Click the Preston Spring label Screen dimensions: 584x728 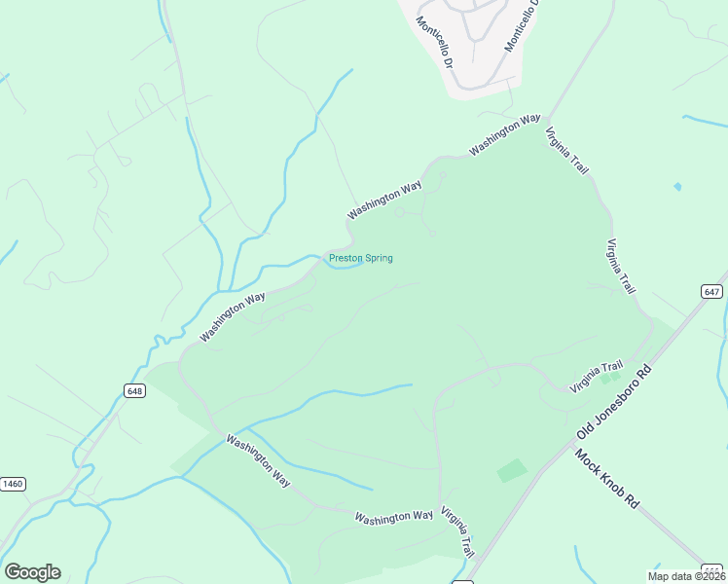(x=360, y=258)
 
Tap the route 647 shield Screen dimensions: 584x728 (x=711, y=291)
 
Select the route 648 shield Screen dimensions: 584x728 (x=134, y=390)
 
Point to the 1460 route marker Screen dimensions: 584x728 (x=13, y=484)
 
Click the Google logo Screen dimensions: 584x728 (x=32, y=572)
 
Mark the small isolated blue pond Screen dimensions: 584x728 (x=677, y=186)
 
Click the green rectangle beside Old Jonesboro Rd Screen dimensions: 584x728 (x=512, y=471)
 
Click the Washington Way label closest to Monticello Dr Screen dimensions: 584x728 (x=504, y=135)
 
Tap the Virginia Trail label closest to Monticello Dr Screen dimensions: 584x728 (x=567, y=152)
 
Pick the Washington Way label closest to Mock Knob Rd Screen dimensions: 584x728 (x=393, y=516)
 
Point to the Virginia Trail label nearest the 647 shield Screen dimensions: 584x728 (x=621, y=267)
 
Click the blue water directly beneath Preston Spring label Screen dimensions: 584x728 (x=346, y=271)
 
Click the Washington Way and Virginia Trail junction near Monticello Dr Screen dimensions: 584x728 (x=545, y=120)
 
